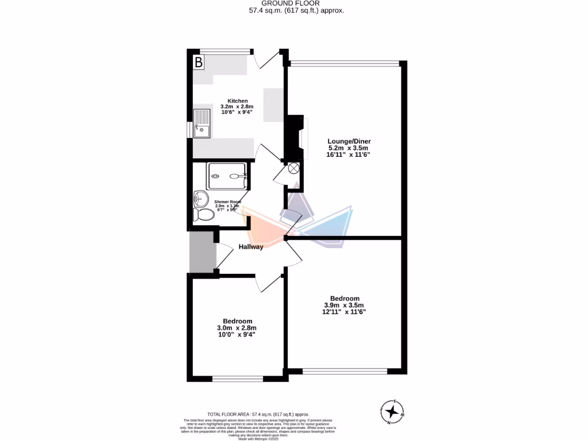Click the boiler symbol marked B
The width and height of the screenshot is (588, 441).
tap(198, 62)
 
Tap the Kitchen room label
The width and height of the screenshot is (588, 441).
tap(237, 101)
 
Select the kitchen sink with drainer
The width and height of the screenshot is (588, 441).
tap(202, 124)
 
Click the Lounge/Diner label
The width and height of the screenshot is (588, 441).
tap(349, 141)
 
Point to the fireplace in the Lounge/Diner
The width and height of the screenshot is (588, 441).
tap(296, 138)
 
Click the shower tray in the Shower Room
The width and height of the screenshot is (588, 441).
tap(228, 175)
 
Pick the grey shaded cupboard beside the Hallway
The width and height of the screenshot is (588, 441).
tap(203, 253)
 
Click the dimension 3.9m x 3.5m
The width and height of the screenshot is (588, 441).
tap(344, 305)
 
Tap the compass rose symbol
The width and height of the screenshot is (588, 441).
tap(393, 411)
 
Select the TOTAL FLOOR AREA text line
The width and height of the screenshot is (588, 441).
tap(258, 414)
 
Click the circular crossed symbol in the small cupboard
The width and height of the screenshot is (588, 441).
tap(293, 168)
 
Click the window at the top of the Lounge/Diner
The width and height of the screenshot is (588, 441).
tap(345, 63)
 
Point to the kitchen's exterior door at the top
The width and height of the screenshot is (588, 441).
tap(267, 57)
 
